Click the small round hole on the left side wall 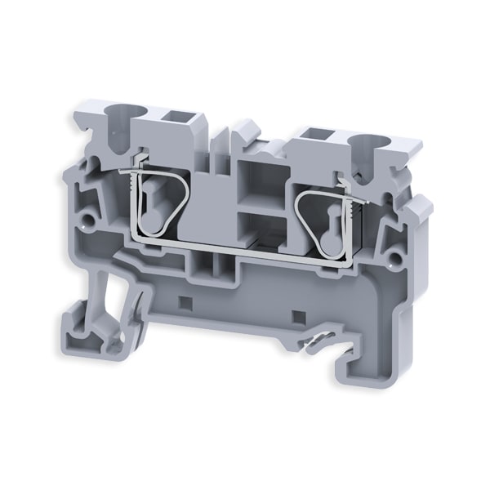point(86,219)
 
